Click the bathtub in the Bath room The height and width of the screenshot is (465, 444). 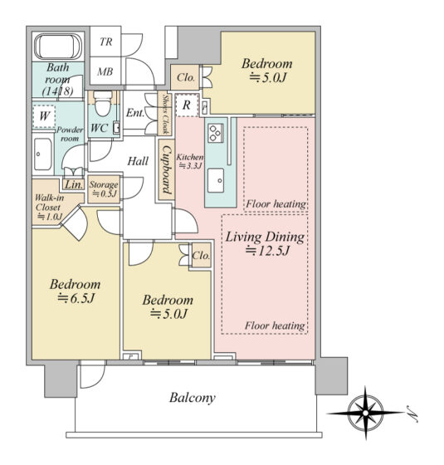click(58, 46)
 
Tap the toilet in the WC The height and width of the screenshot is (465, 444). click(103, 103)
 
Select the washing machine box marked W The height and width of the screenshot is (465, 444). click(44, 116)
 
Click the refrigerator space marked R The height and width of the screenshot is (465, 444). click(187, 105)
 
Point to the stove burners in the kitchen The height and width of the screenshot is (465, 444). click(215, 133)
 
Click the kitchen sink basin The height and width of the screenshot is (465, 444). click(216, 180)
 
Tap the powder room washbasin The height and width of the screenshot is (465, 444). click(42, 154)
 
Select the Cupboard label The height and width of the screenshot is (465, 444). click(167, 170)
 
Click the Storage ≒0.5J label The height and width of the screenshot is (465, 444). click(104, 189)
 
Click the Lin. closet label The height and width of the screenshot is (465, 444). click(74, 184)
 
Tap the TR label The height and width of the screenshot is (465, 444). click(106, 42)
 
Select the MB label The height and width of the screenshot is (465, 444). click(105, 71)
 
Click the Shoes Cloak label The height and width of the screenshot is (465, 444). click(166, 114)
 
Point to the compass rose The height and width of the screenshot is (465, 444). click(365, 413)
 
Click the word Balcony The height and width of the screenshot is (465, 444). click(193, 398)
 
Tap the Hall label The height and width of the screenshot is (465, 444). click(138, 161)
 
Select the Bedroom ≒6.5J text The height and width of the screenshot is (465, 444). click(76, 291)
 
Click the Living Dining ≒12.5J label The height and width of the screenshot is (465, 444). click(266, 243)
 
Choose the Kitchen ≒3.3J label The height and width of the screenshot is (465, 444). click(190, 161)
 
